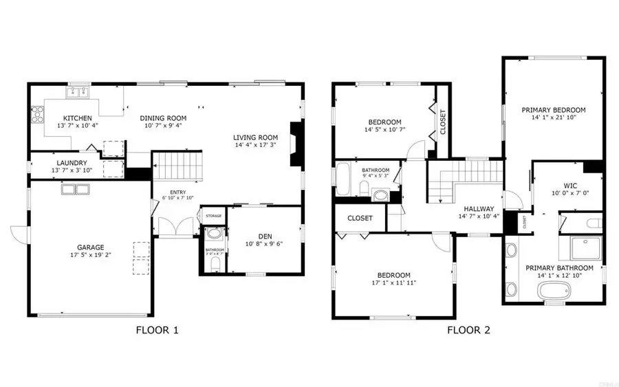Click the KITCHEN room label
click(73, 118)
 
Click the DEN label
click(264, 234)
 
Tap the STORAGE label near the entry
click(213, 216)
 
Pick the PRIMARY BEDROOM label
click(553, 110)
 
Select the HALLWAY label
click(482, 209)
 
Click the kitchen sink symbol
click(77, 91)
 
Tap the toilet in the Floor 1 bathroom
click(215, 263)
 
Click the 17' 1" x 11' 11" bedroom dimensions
click(393, 283)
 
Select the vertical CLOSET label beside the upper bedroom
click(443, 122)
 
